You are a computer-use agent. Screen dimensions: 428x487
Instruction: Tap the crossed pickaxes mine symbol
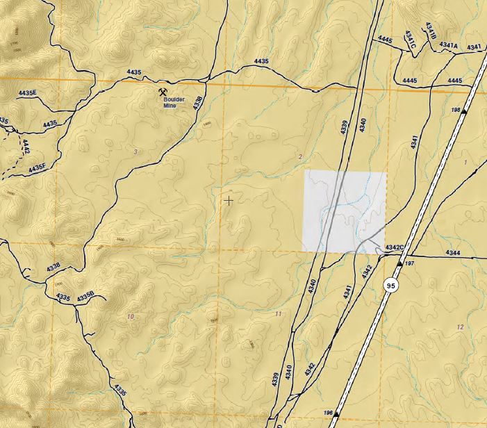163,91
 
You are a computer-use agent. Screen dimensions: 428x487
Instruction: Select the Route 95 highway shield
391,285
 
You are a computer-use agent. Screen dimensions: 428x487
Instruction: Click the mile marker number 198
456,110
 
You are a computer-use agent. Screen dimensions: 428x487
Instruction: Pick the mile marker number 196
328,413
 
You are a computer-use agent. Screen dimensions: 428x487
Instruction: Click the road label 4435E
27,93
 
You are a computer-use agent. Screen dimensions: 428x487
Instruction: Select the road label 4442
26,146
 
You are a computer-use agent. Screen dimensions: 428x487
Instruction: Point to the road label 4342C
395,247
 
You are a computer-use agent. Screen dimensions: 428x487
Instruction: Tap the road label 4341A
449,46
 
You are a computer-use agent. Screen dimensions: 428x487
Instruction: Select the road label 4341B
430,31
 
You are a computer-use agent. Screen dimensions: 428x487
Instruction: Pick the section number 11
279,314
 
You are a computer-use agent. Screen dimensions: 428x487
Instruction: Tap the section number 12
460,327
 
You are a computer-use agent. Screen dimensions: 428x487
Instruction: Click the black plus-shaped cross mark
229,200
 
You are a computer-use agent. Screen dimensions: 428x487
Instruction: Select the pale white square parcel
344,211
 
